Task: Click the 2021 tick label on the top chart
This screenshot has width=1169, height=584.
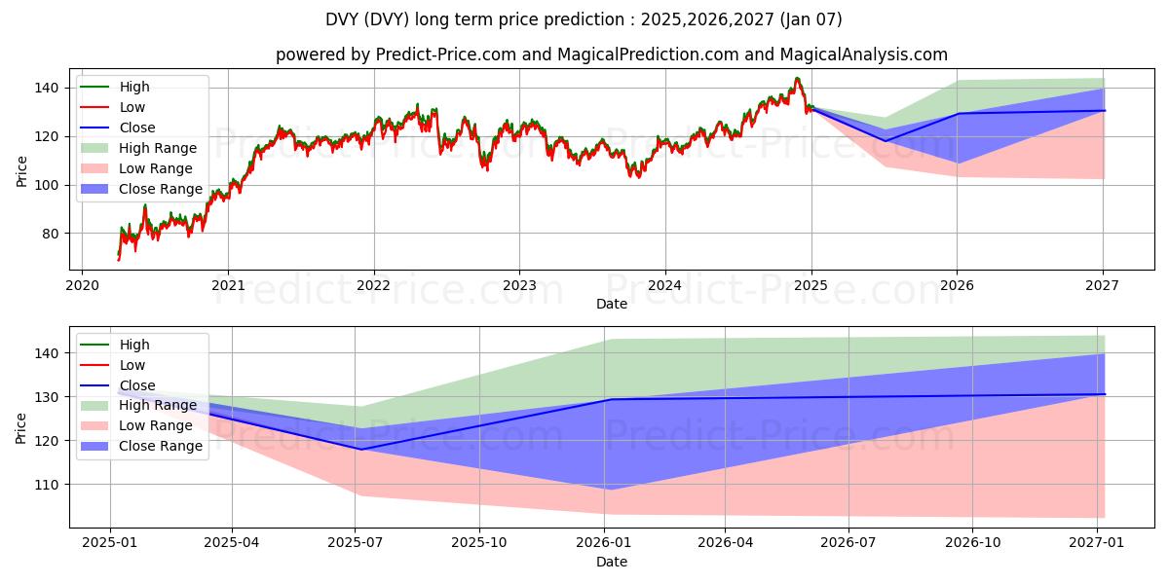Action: point(228,286)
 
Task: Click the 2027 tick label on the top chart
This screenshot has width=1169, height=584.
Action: point(1102,286)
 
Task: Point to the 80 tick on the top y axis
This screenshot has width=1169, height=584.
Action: point(52,234)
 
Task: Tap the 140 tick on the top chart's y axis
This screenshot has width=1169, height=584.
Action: point(48,88)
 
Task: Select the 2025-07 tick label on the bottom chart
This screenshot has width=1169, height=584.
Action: point(356,544)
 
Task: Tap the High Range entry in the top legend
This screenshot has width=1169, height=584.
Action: point(159,148)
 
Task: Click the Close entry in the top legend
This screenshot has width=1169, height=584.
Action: point(137,128)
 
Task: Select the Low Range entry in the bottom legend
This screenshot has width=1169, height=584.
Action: point(157,425)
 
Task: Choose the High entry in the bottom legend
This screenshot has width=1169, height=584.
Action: point(134,345)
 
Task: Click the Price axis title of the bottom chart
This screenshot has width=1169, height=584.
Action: point(21,427)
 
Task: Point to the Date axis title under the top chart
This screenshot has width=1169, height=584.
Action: point(612,304)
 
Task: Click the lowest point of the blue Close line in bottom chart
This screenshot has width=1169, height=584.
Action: point(360,449)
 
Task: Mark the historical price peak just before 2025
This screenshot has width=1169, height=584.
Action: point(797,79)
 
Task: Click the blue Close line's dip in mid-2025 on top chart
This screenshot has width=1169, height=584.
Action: point(886,141)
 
